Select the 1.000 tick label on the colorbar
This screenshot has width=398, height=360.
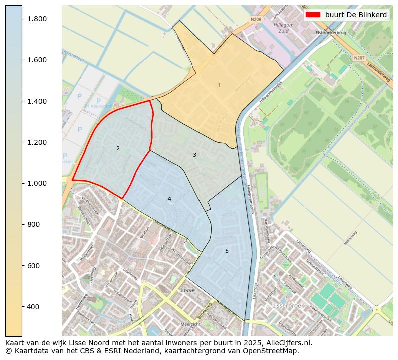36,183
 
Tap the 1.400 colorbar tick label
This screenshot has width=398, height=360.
36,101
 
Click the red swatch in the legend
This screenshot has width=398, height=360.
313,15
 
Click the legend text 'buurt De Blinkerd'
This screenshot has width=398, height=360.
356,15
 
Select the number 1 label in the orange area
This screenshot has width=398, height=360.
219,86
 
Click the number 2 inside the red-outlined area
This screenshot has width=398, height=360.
118,148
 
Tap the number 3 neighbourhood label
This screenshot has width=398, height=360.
194,155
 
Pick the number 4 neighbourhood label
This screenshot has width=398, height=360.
169,199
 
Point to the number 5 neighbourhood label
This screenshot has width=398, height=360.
227,251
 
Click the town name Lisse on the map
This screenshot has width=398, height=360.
187,290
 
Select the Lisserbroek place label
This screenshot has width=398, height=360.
288,305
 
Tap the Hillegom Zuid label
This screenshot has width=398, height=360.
283,27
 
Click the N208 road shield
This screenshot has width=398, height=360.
256,19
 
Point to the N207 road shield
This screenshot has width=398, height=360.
359,58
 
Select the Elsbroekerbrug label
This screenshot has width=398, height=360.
330,33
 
